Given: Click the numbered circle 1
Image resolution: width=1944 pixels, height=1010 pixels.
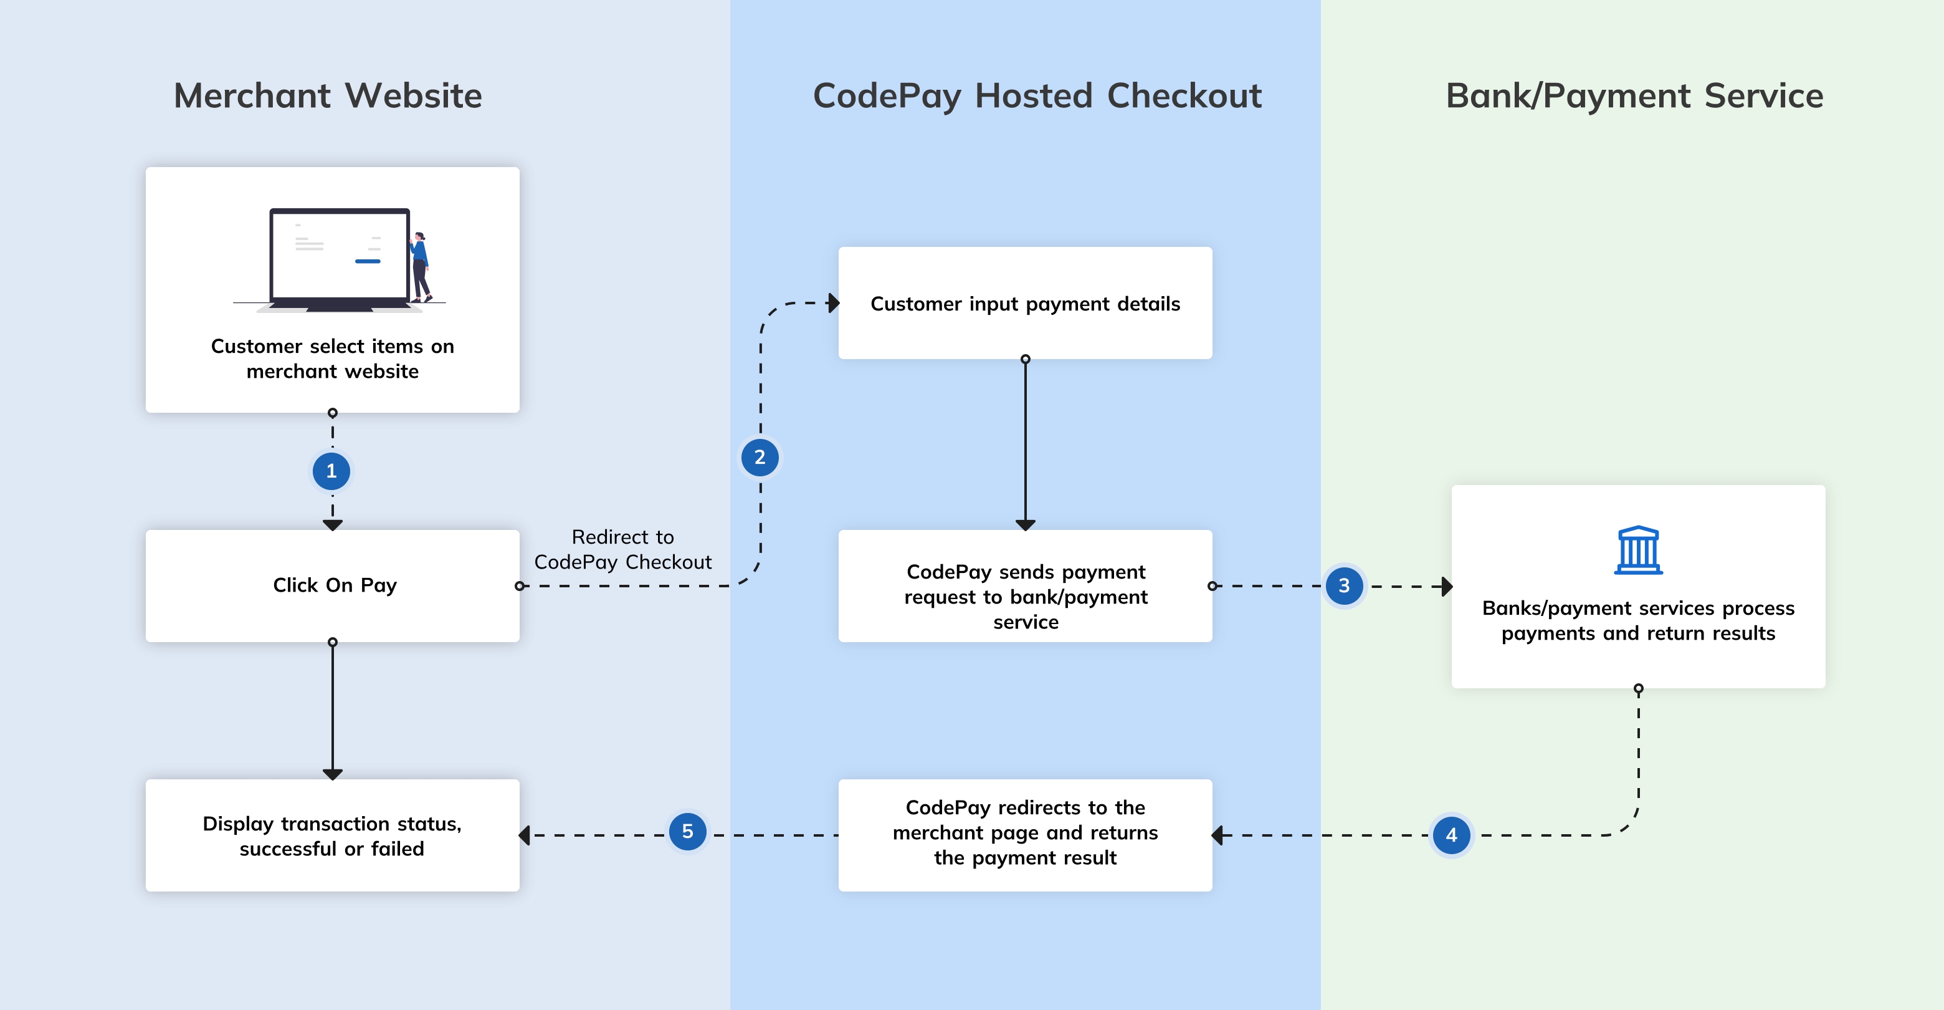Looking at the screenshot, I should (x=331, y=471).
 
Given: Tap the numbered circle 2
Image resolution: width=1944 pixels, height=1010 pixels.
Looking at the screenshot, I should (x=760, y=458).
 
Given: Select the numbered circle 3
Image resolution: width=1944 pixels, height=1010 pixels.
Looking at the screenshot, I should (x=1344, y=586).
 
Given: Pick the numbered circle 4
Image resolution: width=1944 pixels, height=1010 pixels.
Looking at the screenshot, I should (x=1451, y=835).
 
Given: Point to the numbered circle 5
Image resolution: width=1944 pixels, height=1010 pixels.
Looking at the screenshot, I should (x=687, y=831).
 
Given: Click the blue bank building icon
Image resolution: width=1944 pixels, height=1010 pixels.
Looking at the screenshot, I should (x=1637, y=551).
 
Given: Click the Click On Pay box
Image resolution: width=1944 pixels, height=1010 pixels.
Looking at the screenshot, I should (x=333, y=586).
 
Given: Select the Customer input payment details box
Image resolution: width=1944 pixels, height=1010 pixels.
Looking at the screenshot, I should (x=1025, y=303).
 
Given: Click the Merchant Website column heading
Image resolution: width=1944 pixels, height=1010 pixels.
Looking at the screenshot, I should (x=328, y=96).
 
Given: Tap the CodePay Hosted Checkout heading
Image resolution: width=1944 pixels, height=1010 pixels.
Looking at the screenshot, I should (x=1037, y=96).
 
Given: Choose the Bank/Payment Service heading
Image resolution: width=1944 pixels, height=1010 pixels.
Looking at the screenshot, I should (x=1634, y=96).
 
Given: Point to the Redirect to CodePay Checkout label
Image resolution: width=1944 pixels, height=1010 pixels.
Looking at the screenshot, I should (x=622, y=549).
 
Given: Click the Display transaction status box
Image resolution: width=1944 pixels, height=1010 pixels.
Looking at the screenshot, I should (x=333, y=835).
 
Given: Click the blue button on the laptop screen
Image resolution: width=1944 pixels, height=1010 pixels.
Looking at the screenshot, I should (x=368, y=261).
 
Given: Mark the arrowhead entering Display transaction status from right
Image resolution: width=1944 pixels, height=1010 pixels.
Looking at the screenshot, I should (x=525, y=835).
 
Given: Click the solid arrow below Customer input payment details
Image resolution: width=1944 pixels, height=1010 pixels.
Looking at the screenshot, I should (x=1025, y=445).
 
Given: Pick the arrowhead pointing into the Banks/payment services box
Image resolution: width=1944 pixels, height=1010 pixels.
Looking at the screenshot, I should (x=1447, y=586).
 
